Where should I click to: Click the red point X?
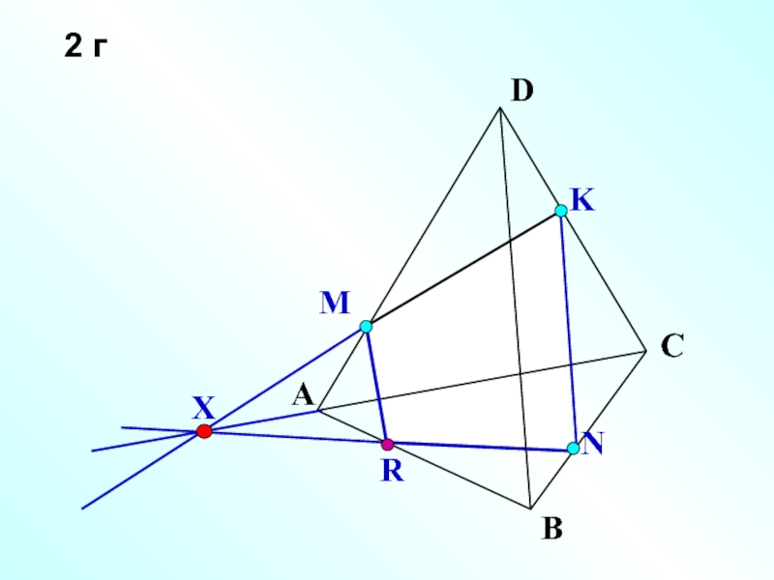pyautogui.click(x=204, y=431)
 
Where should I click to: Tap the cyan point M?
pyautogui.click(x=366, y=327)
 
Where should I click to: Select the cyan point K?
pyautogui.click(x=560, y=210)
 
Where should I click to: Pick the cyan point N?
pyautogui.click(x=574, y=449)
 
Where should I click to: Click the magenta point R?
pyautogui.click(x=387, y=444)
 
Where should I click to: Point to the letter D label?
pyautogui.click(x=522, y=91)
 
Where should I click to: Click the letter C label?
pyautogui.click(x=673, y=345)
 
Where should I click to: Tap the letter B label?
pyautogui.click(x=551, y=529)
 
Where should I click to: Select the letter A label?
pyautogui.click(x=302, y=393)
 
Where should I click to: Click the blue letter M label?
pyautogui.click(x=335, y=304)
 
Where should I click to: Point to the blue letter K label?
pyautogui.click(x=583, y=200)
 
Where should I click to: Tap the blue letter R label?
pyautogui.click(x=392, y=471)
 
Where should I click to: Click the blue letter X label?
pyautogui.click(x=203, y=405)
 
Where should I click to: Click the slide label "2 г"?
pyautogui.click(x=84, y=46)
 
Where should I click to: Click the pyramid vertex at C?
pyautogui.click(x=646, y=350)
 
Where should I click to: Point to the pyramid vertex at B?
pyautogui.click(x=531, y=508)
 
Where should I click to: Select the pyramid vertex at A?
pyautogui.click(x=319, y=410)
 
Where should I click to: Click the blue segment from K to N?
pyautogui.click(x=567, y=329)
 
